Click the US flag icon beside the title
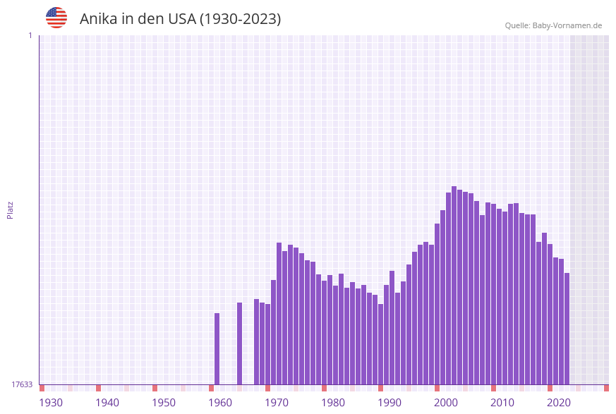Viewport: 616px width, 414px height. tap(56, 18)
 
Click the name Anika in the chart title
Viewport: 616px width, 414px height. tap(99, 19)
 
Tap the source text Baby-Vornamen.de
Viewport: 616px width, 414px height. tap(568, 25)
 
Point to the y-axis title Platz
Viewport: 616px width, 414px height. tap(11, 209)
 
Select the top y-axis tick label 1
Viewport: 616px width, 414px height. tap(30, 35)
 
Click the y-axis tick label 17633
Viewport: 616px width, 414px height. tap(22, 384)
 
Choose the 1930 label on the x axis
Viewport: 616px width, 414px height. tap(51, 403)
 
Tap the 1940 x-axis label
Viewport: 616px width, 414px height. tap(107, 403)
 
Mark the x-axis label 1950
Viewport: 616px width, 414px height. tap(164, 403)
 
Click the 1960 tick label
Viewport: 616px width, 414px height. tap(220, 403)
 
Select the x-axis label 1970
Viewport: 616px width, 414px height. tap(277, 403)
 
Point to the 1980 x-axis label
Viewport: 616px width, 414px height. tap(333, 403)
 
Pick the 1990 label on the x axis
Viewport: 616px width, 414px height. tap(389, 403)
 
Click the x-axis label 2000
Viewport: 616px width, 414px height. tap(446, 403)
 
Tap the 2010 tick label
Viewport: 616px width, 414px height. tap(502, 403)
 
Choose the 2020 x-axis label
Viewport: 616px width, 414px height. tap(559, 403)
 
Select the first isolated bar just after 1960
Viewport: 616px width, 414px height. tap(217, 349)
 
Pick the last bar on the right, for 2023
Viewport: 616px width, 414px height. tap(567, 329)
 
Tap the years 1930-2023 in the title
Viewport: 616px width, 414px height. tap(241, 19)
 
